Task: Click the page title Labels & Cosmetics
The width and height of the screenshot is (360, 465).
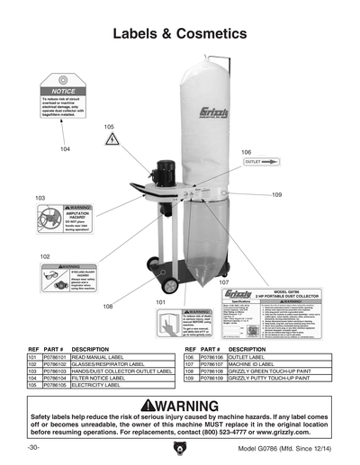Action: [x=179, y=33]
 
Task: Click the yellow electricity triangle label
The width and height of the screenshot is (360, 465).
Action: [x=112, y=140]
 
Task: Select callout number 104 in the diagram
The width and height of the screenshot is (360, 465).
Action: [x=65, y=148]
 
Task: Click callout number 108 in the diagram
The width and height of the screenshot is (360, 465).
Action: [x=107, y=307]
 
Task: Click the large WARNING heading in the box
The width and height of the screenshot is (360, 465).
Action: [x=180, y=405]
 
